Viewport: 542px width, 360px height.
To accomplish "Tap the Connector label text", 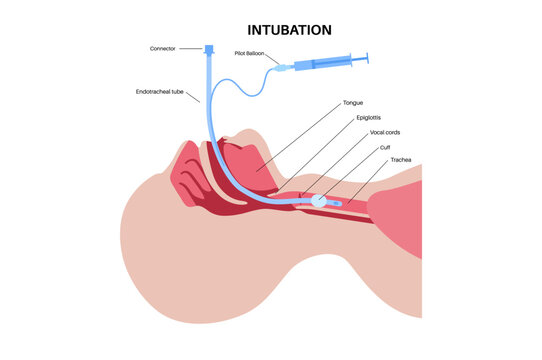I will coord(163,48).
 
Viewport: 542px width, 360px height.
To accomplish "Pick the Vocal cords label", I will coord(385,131).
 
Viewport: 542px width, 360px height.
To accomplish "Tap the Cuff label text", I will coord(385,146).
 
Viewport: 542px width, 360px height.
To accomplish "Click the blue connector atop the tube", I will coord(208,49).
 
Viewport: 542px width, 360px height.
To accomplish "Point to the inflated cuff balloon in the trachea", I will coord(318,201).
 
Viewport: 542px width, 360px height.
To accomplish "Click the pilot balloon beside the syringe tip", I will coord(279,67).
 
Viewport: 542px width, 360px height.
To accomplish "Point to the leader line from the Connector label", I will coord(191,48).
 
